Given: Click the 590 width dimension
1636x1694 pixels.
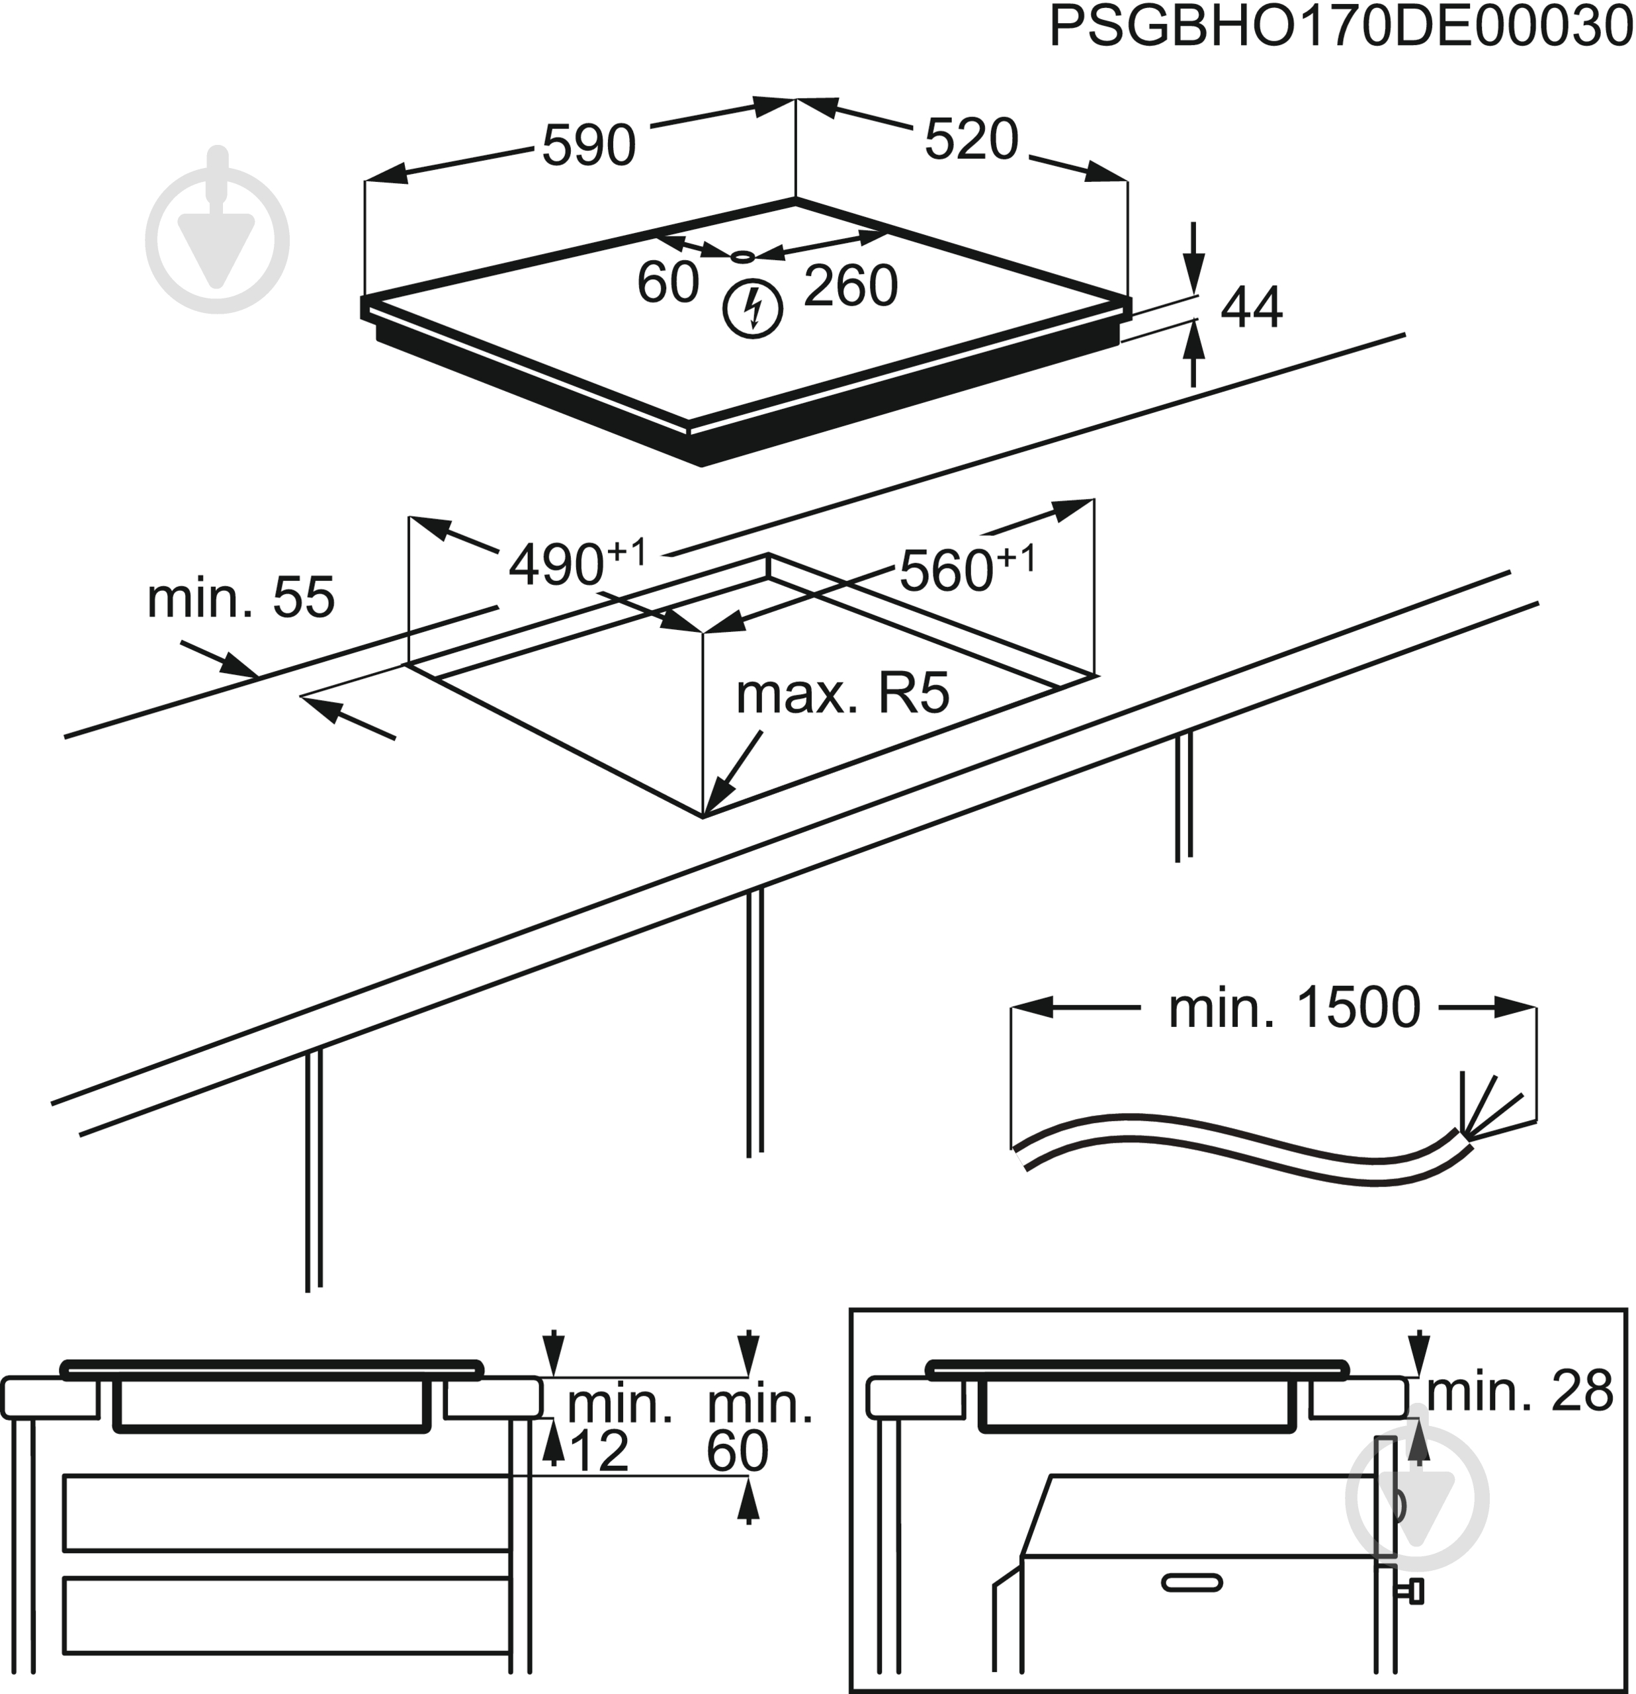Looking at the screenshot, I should coord(589,145).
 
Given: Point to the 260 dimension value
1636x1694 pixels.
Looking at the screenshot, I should coord(850,286).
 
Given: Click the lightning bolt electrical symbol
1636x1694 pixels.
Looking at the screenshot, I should coord(753,310).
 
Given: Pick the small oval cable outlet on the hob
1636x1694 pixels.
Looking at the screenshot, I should coord(742,257).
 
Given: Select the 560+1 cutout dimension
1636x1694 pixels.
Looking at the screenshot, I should coord(967,567).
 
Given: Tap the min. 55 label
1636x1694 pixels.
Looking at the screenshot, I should coord(240,598).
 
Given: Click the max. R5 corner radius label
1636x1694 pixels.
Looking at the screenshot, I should coord(843,693).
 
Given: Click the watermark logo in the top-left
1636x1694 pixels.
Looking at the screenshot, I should coord(218,230).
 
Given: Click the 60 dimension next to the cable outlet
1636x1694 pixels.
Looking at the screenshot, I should coord(667,282).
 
